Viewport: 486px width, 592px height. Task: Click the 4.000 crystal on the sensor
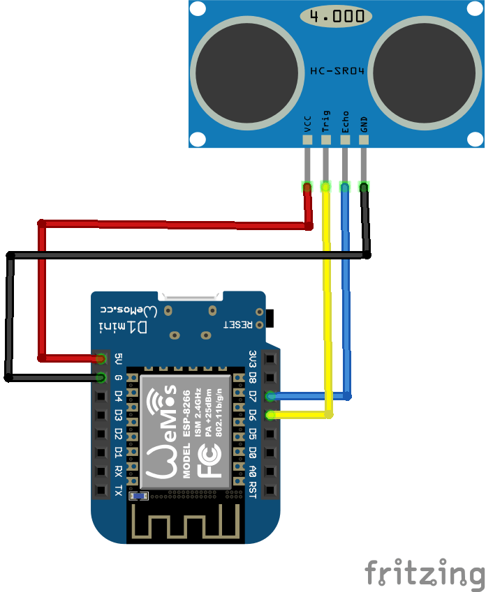336,15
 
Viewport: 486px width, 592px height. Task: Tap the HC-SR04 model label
337,70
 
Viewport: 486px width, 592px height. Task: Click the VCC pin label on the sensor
307,123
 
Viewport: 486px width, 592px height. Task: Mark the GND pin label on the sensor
364,123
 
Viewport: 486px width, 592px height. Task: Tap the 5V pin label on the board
118,359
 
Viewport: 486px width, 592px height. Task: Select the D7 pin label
253,396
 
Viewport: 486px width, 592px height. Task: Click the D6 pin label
253,415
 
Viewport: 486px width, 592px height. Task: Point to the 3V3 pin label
253,358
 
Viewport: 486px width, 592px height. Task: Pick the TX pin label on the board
118,490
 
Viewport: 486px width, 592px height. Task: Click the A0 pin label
253,471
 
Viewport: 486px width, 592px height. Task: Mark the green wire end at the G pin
101,378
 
